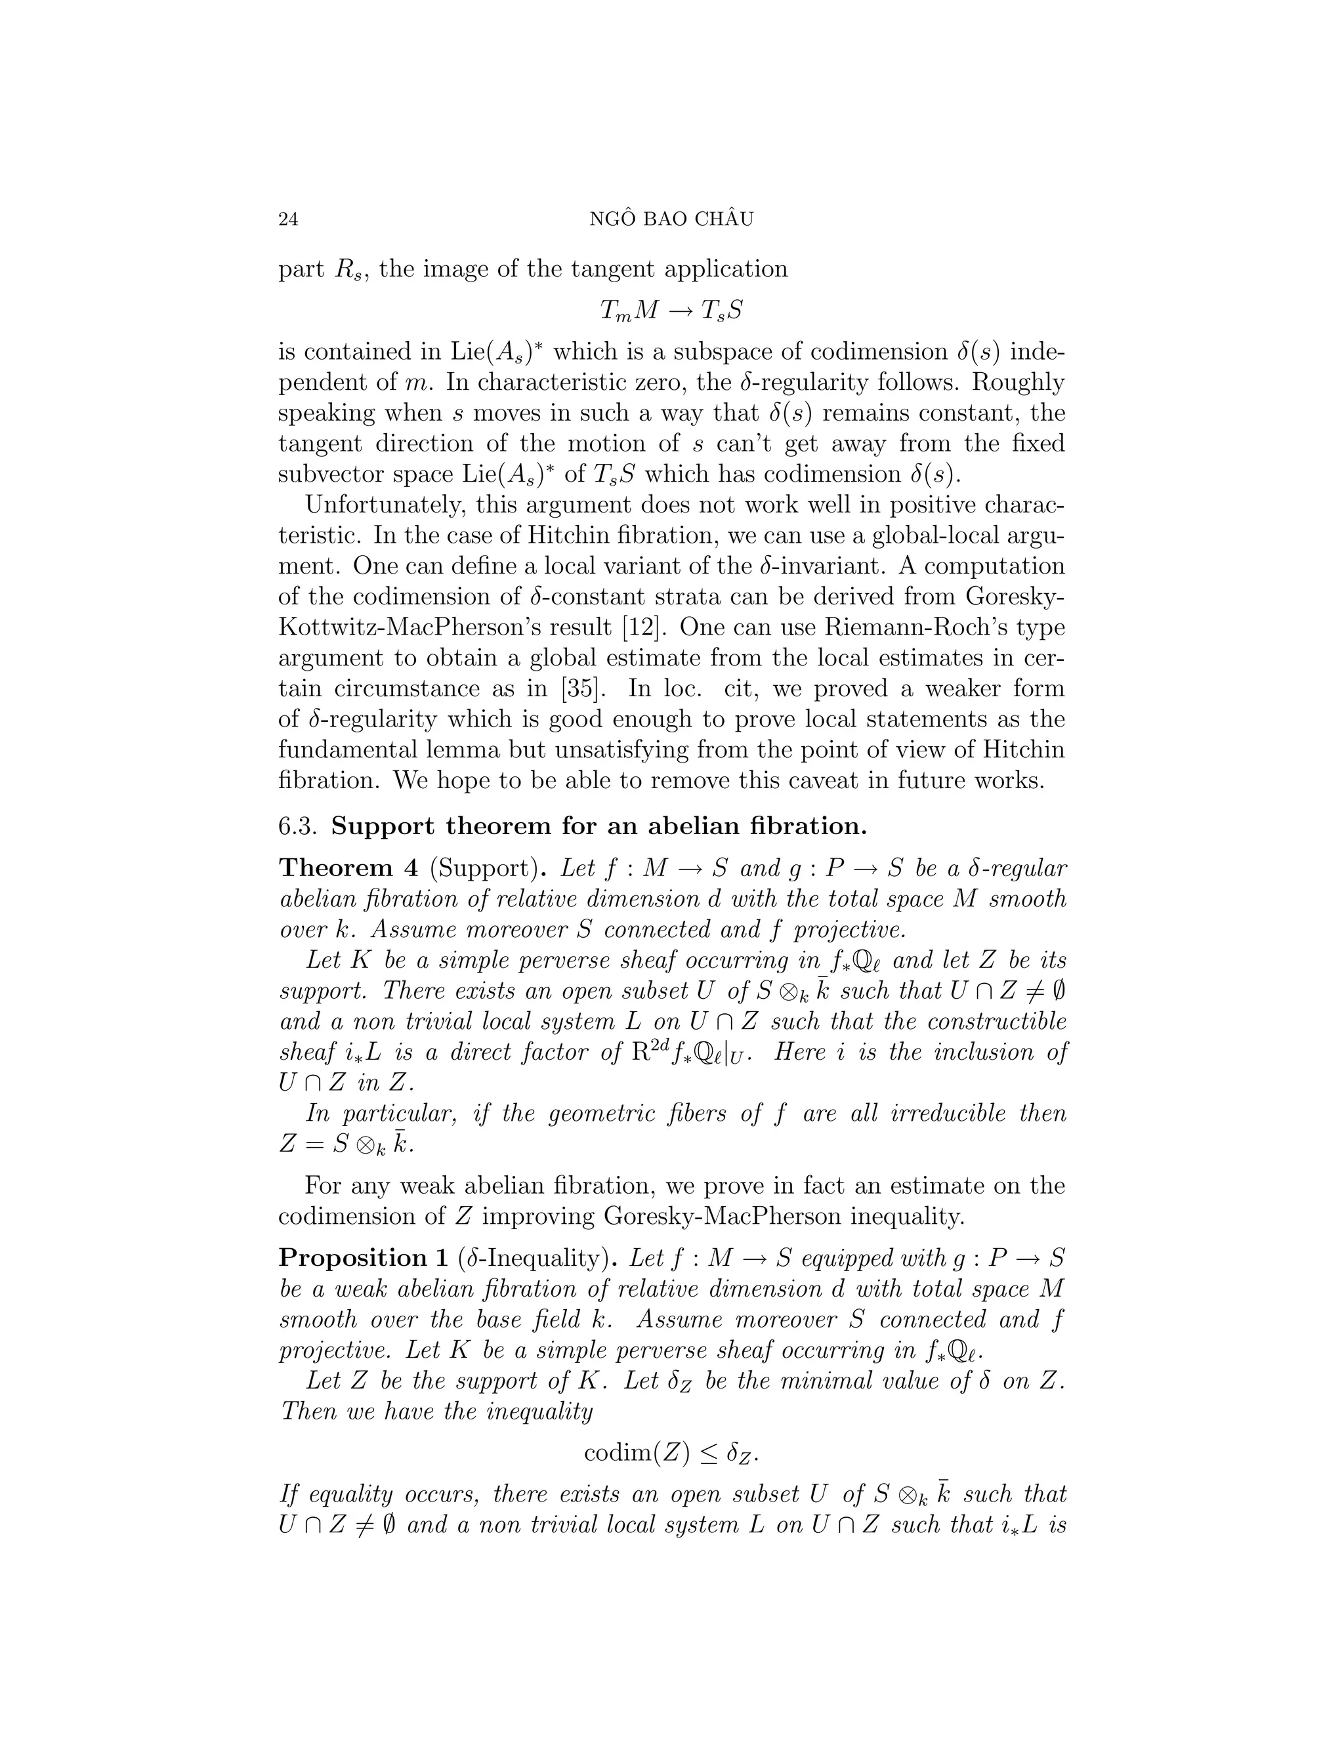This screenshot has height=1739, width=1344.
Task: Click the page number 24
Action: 288,220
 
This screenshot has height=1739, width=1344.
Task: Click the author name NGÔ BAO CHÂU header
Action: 671,220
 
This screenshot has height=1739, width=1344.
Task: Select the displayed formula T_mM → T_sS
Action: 671,310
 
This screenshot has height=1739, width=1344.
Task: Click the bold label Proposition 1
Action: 364,1258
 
